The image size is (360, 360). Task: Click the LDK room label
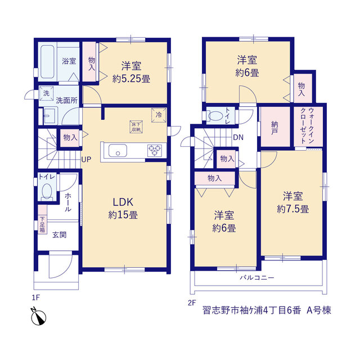[123, 202]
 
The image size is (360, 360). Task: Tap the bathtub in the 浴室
[47, 62]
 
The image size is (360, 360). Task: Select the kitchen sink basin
[118, 151]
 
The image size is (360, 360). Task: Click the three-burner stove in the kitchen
[155, 151]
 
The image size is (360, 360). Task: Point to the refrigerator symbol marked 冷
[159, 115]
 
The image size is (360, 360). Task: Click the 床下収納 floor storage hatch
[136, 127]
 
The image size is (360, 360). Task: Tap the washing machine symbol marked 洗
[46, 93]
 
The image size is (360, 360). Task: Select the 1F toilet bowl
[47, 191]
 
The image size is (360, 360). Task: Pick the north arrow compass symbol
[38, 316]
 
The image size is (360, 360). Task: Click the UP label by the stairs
[86, 159]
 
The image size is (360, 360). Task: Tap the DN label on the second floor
[238, 137]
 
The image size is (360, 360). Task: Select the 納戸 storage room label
[274, 128]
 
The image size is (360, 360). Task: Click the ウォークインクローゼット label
[307, 126]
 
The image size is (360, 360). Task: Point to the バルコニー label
[257, 278]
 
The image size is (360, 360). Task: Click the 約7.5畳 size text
[292, 209]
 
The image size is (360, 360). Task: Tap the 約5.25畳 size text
[131, 79]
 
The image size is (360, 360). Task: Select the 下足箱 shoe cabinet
[42, 219]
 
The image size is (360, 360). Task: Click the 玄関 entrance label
[60, 235]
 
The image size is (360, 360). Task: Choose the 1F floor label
[36, 298]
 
